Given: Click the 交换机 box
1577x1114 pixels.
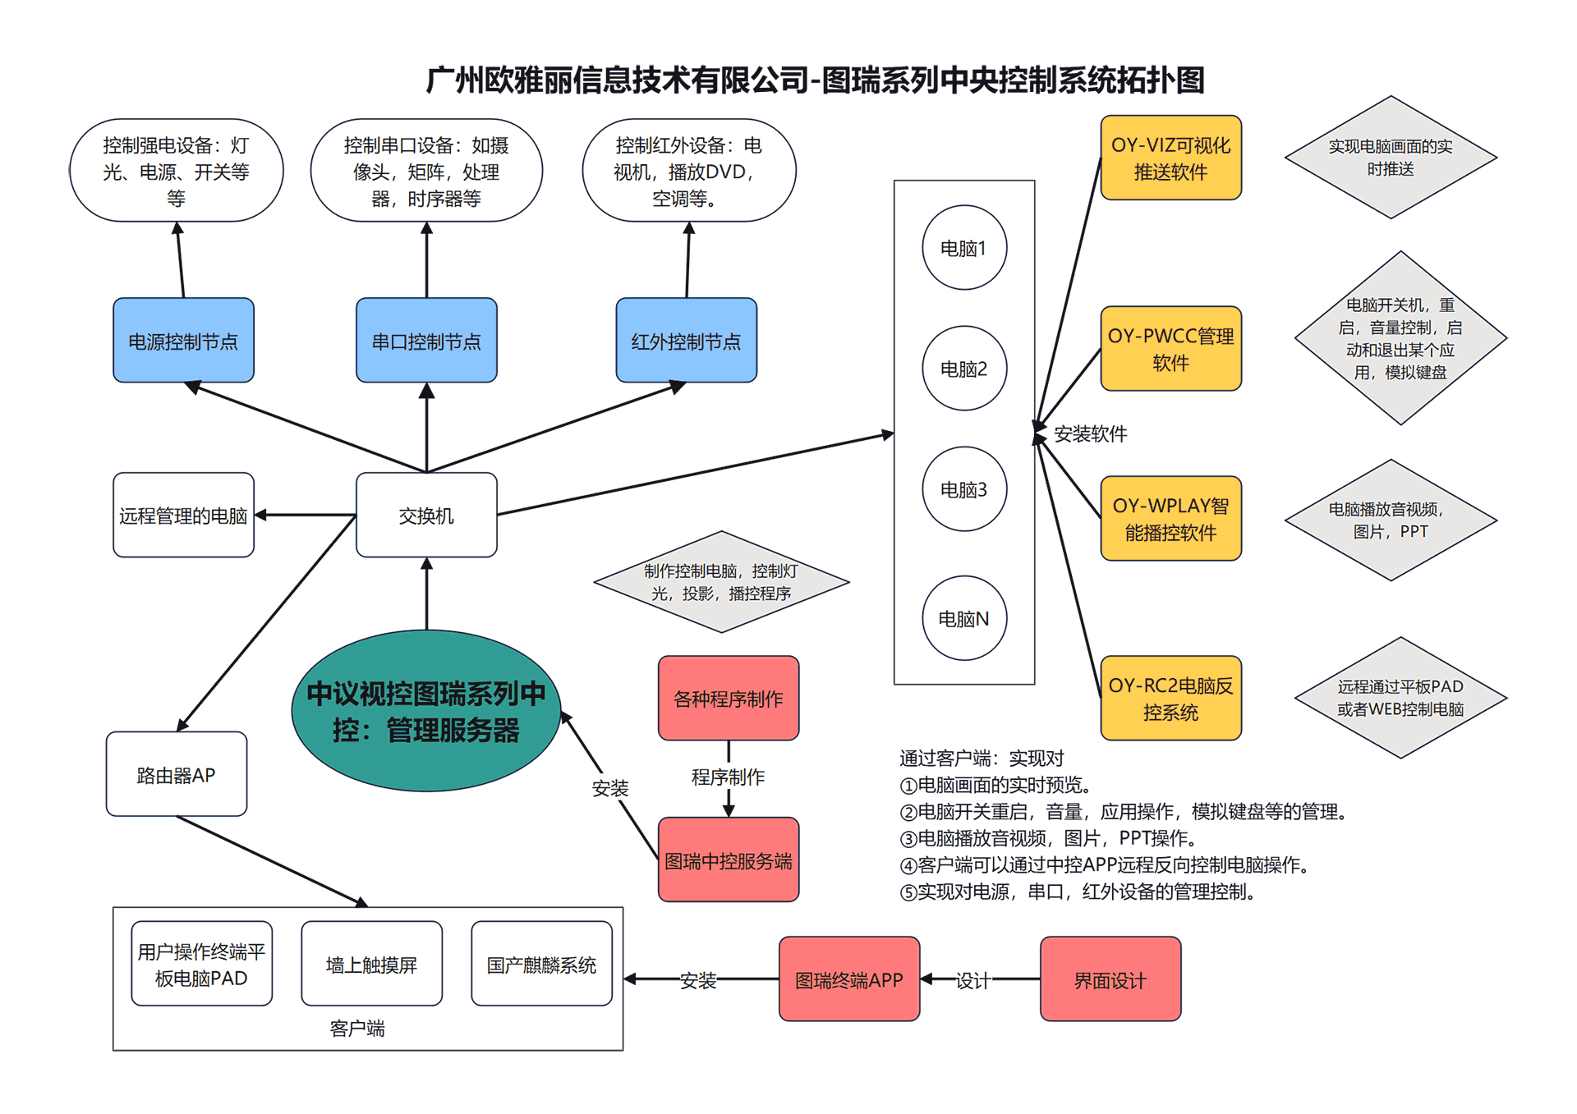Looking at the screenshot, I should pos(425,515).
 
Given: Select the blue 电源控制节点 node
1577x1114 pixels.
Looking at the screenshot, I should pos(183,341).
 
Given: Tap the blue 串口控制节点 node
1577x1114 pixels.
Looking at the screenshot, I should pos(425,341).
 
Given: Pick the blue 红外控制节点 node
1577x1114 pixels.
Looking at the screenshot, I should pos(686,341).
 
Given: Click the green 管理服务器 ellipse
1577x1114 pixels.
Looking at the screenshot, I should pos(425,711).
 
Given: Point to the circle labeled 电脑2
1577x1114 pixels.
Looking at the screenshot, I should pos(963,369).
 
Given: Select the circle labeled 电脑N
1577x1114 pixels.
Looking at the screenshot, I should pos(963,618).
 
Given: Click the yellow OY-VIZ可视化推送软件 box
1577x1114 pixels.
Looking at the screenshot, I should pos(1170,158).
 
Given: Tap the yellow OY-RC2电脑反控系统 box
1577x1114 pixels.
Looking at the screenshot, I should pos(1170,698).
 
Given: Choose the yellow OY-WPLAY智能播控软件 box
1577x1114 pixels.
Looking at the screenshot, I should pos(1170,519).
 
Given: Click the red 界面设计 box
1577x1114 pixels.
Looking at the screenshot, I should pos(1110,979).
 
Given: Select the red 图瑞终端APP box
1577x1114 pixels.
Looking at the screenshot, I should pos(848,979).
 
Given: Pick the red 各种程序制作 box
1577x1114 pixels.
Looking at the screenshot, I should pos(728,698).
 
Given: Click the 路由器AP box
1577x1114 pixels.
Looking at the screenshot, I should pos(176,774).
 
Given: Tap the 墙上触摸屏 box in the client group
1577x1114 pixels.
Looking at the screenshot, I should pos(371,964).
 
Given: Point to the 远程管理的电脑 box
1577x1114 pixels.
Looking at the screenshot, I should pos(183,515).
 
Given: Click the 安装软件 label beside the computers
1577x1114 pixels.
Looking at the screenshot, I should pos(1090,433).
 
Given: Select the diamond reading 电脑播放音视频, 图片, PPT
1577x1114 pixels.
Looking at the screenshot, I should pos(1390,520).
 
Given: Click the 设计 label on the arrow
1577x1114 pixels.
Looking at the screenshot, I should pos(973,980).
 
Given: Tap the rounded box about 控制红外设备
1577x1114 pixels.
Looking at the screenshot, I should pos(688,171).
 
